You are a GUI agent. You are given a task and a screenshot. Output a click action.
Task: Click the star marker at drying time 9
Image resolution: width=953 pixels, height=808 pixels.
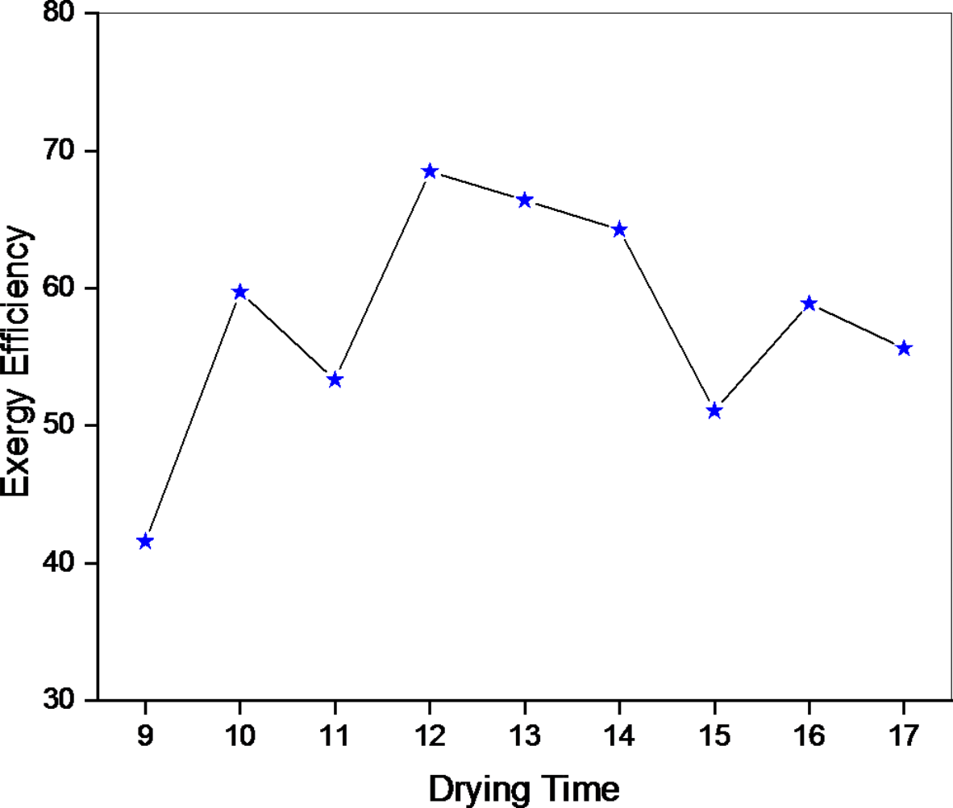145,541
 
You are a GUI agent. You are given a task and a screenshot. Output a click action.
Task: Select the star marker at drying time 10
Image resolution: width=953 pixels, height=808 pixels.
239,292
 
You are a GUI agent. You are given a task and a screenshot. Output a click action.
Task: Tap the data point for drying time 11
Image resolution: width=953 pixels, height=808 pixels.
335,379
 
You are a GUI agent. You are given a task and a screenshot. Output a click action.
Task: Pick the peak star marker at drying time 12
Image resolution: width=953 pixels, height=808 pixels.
430,171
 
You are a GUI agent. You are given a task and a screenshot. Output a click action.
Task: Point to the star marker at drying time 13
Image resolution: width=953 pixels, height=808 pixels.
525,200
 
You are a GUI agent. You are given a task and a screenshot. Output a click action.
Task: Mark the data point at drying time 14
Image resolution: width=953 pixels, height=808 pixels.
619,230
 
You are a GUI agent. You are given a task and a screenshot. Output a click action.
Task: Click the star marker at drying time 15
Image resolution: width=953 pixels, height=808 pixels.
714,411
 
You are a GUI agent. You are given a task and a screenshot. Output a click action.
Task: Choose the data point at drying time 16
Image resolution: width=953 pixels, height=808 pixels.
809,303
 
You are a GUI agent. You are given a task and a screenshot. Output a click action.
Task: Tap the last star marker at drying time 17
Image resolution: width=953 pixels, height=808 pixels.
904,348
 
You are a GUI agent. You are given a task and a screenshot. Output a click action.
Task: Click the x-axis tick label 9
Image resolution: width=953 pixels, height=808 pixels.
145,735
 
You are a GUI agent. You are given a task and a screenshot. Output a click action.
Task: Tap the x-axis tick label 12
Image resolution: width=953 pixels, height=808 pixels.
430,735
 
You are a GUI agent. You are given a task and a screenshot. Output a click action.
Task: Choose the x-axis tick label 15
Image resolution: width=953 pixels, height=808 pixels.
714,735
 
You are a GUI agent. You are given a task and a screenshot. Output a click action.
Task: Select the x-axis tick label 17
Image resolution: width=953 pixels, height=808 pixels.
904,735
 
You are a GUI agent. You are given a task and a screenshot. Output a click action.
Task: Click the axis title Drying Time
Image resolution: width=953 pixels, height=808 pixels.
524,787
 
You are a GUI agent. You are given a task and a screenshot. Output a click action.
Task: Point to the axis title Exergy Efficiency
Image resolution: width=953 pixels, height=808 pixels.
18,361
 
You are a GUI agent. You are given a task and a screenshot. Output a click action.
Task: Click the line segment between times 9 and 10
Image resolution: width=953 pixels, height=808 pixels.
192,416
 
